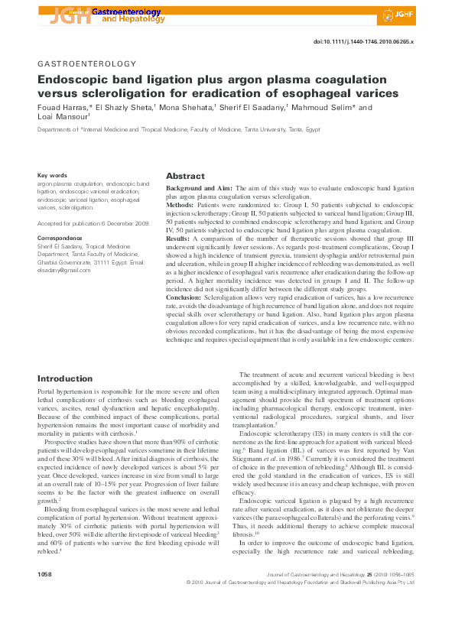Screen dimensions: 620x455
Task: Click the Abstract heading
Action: (185, 175)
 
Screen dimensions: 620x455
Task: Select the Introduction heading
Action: (65, 378)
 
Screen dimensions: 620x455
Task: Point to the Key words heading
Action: (53, 176)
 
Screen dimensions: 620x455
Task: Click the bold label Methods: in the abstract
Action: (180, 206)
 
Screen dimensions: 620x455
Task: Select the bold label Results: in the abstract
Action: (180, 239)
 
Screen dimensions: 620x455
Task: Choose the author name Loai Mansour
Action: (64, 118)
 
